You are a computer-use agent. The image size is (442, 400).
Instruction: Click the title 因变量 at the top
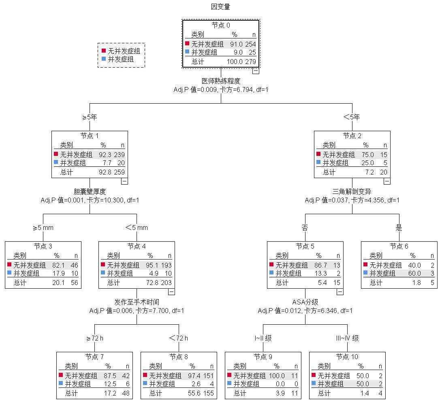221,6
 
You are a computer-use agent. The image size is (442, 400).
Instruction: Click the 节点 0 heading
221,25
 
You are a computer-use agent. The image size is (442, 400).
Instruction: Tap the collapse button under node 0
256,70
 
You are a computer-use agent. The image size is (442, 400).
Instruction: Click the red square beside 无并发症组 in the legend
104,51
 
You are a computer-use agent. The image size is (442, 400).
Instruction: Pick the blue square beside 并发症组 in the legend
104,59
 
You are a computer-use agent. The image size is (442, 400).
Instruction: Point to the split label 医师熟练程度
221,81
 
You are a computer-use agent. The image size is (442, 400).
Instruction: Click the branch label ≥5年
90,117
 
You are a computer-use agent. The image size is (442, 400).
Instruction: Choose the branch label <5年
352,117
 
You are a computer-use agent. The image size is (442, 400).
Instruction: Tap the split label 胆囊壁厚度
90,191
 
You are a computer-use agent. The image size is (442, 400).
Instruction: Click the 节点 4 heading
137,246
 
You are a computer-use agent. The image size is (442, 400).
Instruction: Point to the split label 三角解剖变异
352,191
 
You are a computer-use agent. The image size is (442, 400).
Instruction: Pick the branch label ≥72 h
94,338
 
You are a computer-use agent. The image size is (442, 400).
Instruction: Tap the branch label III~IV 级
347,338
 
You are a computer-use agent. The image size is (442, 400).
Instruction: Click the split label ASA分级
305,302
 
